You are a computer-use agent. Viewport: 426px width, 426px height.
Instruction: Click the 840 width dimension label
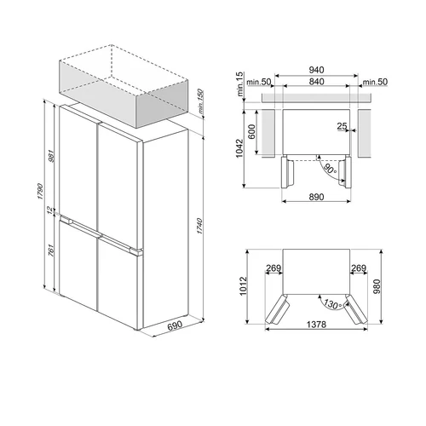[x=316, y=83]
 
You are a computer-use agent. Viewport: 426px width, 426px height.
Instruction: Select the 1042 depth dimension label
[x=243, y=148]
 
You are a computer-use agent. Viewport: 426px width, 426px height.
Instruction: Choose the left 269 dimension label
[x=273, y=268]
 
